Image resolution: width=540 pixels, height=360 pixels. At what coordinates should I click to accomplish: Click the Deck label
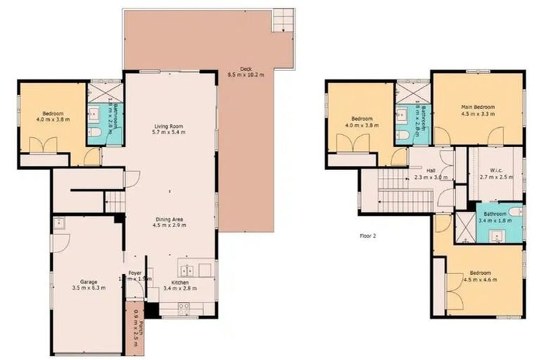coord(245,69)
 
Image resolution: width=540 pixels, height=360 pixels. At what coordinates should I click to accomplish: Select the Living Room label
coord(169,127)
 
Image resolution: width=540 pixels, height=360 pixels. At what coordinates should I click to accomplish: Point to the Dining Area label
coord(169,219)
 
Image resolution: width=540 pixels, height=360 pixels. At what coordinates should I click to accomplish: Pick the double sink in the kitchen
coord(187,270)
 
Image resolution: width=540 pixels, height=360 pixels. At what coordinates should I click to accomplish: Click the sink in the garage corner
coord(58,224)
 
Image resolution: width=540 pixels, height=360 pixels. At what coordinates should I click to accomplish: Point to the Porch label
coord(141,328)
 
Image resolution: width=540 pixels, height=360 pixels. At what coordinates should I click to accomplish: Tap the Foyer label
coord(134,273)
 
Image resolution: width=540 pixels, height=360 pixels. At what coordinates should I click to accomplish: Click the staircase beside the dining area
coord(115,202)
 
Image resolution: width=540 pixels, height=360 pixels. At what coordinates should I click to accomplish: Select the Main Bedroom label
coord(477,107)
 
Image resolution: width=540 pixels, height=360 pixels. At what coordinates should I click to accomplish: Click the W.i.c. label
coord(495,171)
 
